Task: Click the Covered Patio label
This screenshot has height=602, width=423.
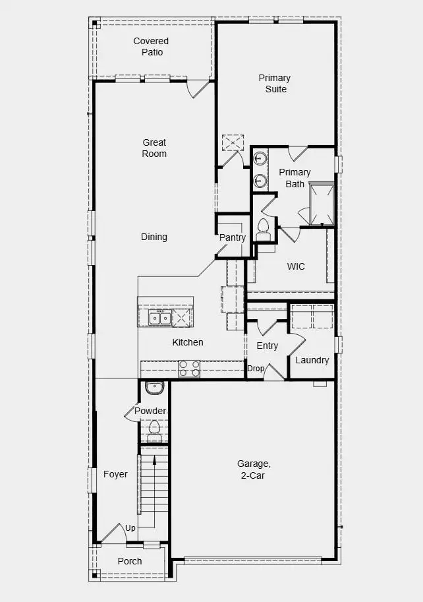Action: tap(151, 46)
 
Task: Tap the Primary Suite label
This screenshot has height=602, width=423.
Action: tap(274, 83)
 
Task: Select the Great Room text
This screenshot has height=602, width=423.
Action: tap(154, 148)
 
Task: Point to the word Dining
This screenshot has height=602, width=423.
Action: tap(154, 237)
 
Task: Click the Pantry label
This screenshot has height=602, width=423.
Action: tap(233, 237)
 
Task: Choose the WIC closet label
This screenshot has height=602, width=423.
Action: tap(296, 266)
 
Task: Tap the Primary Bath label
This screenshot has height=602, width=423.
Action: tap(295, 178)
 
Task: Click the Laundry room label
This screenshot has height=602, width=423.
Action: tap(312, 360)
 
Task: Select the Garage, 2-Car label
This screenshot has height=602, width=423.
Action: tap(254, 469)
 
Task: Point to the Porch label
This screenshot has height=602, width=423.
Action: tap(129, 561)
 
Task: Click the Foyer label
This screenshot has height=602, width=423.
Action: tap(115, 474)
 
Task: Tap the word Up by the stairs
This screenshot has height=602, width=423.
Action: tap(130, 528)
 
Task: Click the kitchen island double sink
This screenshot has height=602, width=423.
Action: tap(159, 318)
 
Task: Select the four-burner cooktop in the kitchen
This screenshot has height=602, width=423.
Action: tap(190, 369)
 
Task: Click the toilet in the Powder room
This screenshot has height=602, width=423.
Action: tap(154, 430)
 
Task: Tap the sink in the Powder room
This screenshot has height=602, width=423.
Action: tap(154, 388)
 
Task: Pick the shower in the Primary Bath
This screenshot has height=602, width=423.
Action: tap(322, 204)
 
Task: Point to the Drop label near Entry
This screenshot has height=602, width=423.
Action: tap(255, 369)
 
